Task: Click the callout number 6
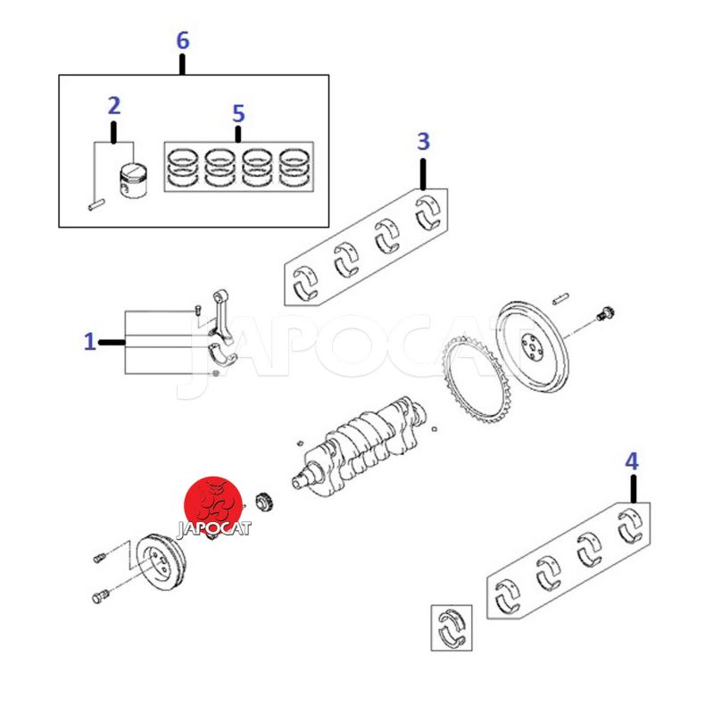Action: coord(183,40)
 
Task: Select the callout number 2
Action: coord(114,105)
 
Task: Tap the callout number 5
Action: coord(238,113)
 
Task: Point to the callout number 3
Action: coord(423,142)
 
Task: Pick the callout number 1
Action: coord(90,342)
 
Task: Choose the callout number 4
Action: coord(632,461)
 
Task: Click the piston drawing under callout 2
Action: coord(133,180)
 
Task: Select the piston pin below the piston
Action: coord(96,205)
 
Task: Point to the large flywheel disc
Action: coord(532,345)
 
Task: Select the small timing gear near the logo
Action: coord(263,502)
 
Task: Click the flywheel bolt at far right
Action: coord(605,313)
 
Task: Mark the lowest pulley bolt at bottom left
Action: coord(101,596)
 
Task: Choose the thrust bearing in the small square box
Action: coord(452,627)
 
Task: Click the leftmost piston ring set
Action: coord(183,168)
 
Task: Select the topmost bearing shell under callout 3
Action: coord(428,212)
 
